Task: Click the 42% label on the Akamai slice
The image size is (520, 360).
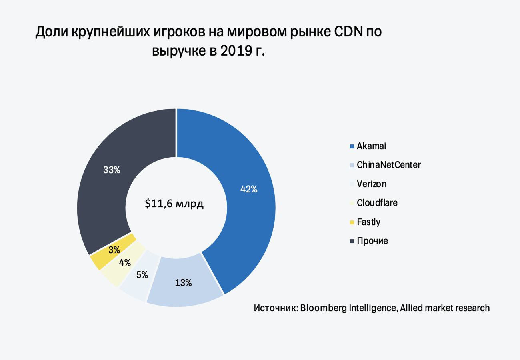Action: pyautogui.click(x=248, y=189)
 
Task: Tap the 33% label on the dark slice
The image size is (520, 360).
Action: pyautogui.click(x=112, y=170)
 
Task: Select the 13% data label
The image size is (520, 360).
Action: pyautogui.click(x=183, y=283)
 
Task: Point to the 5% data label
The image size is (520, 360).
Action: pyautogui.click(x=142, y=274)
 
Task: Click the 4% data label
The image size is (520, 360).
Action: pyautogui.click(x=125, y=263)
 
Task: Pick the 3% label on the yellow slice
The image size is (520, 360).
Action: pyautogui.click(x=114, y=250)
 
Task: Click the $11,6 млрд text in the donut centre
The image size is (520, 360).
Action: pyautogui.click(x=174, y=204)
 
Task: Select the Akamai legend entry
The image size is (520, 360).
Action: pyautogui.click(x=372, y=146)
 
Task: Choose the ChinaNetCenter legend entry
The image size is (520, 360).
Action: pyautogui.click(x=388, y=165)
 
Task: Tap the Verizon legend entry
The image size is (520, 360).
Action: pyautogui.click(x=372, y=184)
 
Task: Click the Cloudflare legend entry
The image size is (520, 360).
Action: pyautogui.click(x=377, y=203)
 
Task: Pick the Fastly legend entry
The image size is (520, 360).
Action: pyautogui.click(x=368, y=222)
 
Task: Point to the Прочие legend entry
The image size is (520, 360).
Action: pyautogui.click(x=372, y=241)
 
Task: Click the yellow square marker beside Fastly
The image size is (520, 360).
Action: pyautogui.click(x=352, y=222)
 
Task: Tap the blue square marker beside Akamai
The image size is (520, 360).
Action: pyautogui.click(x=352, y=146)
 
